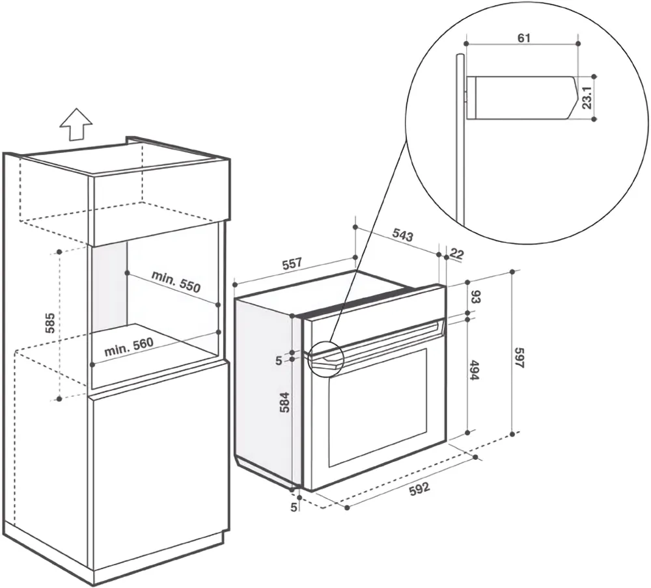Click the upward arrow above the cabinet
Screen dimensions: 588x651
coord(75,124)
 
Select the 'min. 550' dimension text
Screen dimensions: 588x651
coord(176,282)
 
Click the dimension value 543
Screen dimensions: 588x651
coord(402,235)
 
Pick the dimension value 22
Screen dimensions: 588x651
coord(456,254)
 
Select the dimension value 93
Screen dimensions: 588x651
coord(476,298)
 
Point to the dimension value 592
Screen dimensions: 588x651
coord(420,489)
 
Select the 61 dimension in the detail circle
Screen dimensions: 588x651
coord(524,38)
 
